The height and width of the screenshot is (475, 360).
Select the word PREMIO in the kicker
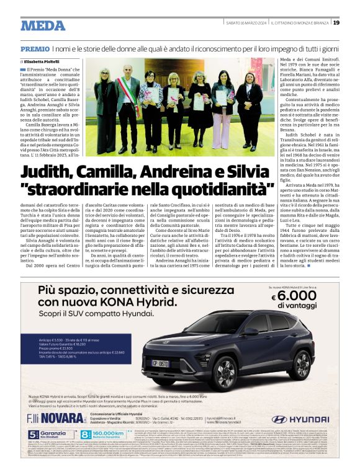coord(35,48)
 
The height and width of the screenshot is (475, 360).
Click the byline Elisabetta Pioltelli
coord(44,61)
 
